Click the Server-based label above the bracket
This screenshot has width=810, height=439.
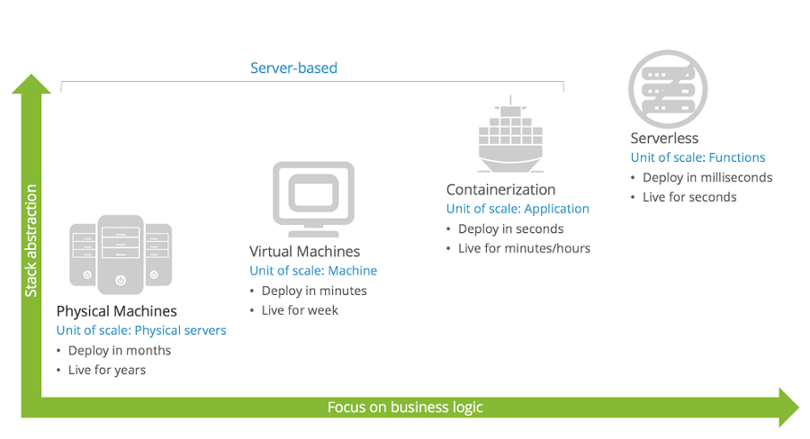coord(293,68)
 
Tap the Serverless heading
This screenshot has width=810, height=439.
coord(664,139)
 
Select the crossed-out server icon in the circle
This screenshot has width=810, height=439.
coord(668,88)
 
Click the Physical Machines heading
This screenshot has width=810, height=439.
coord(116,311)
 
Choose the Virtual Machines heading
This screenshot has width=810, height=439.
coord(304,252)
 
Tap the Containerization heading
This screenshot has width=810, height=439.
coord(500,190)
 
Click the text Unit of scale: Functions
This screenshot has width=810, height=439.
coord(697,157)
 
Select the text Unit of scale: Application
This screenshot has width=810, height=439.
coord(517,209)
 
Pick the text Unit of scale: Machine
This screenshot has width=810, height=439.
coord(313,271)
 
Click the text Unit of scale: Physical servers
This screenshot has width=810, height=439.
coord(141,330)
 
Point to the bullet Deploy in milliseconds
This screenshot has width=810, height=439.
coord(707,177)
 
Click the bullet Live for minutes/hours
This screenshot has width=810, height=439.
coord(524,248)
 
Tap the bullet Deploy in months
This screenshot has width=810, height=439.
coord(119,350)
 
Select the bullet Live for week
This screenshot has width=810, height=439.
coord(300,310)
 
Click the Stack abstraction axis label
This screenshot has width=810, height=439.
coord(31,241)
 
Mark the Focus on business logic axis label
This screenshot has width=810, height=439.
coord(405,408)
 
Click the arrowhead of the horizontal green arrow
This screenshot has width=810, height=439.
coord(787,408)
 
